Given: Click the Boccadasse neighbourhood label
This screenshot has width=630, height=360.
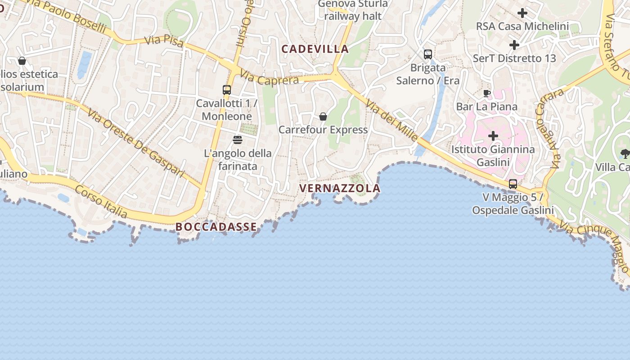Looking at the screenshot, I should click(216, 227).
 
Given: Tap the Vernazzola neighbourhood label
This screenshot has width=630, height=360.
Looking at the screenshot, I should click(340, 188).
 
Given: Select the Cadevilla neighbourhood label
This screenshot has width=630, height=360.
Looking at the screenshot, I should click(315, 49).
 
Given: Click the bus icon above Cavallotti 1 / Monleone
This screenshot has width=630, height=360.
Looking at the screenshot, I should click(227, 90).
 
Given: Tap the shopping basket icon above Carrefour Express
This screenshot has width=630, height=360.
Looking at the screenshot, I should click(323, 117).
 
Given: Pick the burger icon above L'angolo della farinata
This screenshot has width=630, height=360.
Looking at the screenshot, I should click(238, 140).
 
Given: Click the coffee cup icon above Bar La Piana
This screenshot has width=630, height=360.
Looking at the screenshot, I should click(487, 94).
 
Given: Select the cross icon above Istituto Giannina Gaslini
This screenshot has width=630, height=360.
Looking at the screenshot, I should click(493, 135).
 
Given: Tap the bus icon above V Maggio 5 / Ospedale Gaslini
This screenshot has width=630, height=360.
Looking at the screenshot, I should click(513, 184).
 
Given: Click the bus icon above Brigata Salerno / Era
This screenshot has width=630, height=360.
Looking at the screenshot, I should click(428, 54).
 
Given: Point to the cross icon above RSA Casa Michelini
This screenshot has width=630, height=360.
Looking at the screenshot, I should click(522, 13).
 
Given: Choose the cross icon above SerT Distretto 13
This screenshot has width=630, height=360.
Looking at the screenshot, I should click(514, 45).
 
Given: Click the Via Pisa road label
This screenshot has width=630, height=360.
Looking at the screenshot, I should click(164, 41).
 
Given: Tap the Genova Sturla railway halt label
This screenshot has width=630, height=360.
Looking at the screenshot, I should click(353, 10).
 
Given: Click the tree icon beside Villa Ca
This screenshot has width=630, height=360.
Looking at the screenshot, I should click(625, 153).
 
